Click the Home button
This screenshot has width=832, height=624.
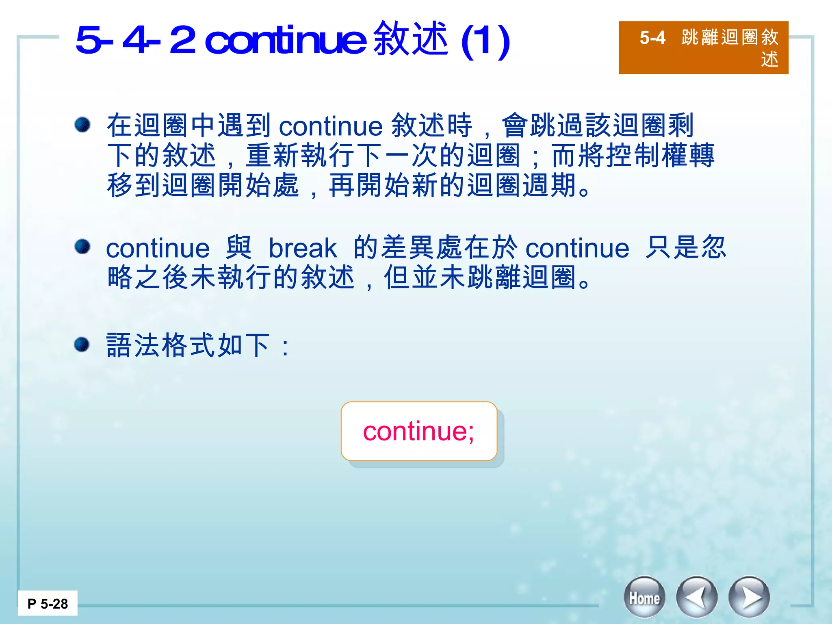(644, 597)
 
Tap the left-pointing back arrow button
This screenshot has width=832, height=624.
(696, 597)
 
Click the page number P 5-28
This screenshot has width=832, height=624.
(48, 604)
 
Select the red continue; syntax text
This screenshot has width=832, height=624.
(418, 431)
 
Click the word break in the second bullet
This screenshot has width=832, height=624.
(303, 248)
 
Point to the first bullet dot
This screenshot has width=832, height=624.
(82, 124)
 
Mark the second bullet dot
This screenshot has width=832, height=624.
(82, 247)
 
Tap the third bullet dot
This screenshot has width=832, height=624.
(82, 344)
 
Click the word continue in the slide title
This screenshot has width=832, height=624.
(286, 40)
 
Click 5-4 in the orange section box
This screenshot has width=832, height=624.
(652, 38)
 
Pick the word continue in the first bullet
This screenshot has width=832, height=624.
(331, 126)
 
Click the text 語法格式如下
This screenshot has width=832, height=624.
(188, 345)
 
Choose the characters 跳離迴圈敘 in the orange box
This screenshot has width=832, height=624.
(730, 37)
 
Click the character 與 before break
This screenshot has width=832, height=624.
(239, 247)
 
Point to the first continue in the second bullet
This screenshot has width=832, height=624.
(158, 248)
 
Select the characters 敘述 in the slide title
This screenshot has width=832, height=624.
(411, 39)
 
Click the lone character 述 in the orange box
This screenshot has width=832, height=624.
(769, 59)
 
